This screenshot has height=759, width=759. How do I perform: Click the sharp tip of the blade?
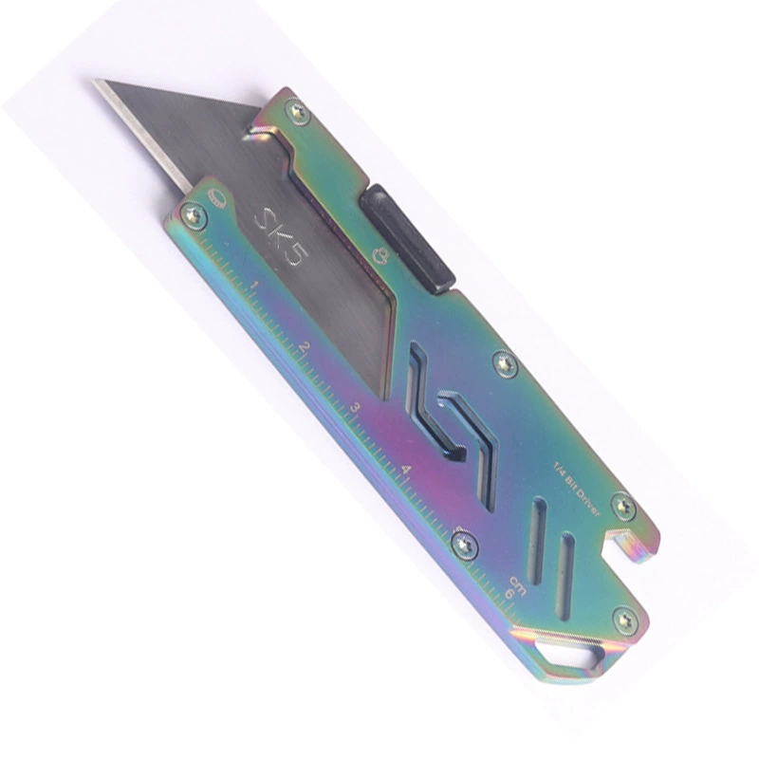tap(93, 80)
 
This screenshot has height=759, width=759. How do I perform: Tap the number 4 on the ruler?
tap(407, 469)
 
